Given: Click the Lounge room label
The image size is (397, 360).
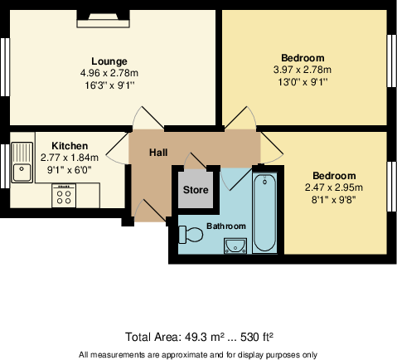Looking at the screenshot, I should [109, 61].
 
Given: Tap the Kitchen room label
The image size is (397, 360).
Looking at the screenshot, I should [70, 145].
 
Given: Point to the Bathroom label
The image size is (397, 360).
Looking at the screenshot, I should [226, 226].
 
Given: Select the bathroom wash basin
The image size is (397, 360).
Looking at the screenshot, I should [235, 243].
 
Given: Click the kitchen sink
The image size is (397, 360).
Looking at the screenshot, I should [22, 173].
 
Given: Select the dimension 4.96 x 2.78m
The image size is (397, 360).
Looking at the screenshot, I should [109, 73].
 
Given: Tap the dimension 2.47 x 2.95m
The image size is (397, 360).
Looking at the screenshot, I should [334, 187].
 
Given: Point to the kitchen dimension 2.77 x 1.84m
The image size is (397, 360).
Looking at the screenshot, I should [70, 158].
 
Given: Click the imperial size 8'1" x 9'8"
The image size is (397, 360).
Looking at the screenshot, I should [334, 200].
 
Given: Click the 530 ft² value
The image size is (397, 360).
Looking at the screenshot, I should [256, 338].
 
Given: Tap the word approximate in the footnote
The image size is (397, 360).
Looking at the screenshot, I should [177, 354].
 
